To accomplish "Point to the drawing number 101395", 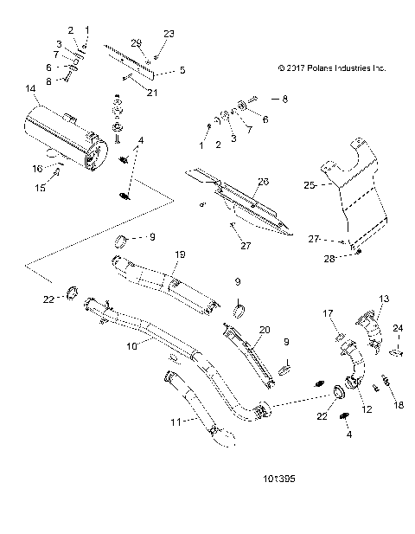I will coord(284,476).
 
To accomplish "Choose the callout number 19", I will coord(181,254).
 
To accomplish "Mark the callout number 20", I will coord(265,330).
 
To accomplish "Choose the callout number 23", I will coord(169,33).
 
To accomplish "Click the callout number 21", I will coord(153,93).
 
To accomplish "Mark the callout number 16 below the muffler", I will coord(37,168).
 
